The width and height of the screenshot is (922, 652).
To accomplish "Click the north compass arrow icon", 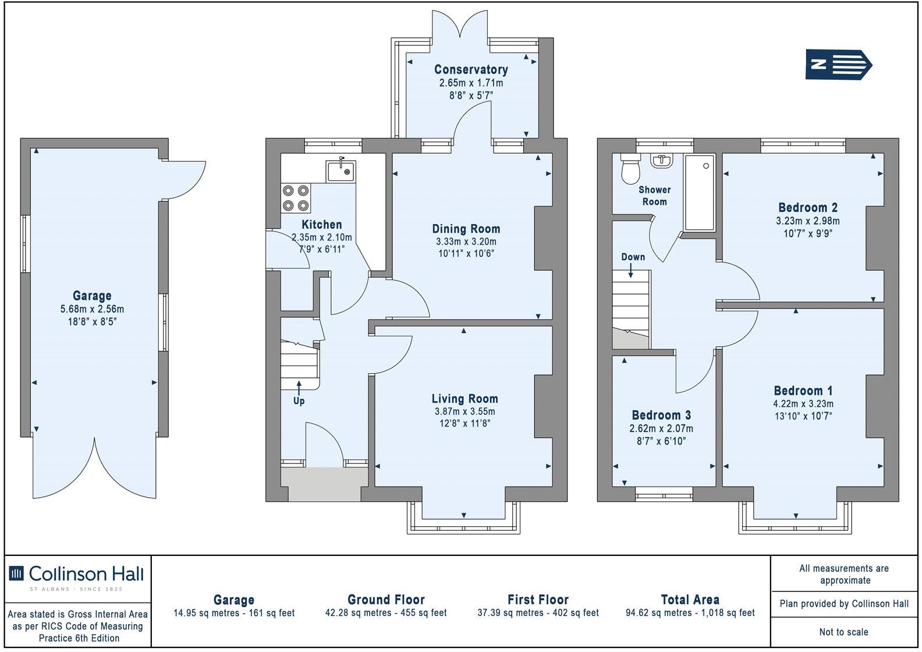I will click(839, 64).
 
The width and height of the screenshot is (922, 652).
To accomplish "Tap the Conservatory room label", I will click(471, 70).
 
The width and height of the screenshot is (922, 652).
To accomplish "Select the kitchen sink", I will click(340, 171).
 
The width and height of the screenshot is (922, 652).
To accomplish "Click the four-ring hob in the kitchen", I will click(295, 197).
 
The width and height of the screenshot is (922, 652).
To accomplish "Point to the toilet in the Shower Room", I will click(630, 168).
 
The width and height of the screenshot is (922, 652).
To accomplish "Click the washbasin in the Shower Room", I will click(661, 160).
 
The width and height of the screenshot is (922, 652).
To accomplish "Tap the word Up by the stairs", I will click(299, 401).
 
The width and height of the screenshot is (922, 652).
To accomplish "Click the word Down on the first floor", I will click(633, 257).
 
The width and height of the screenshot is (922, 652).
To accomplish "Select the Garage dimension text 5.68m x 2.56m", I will click(92, 309).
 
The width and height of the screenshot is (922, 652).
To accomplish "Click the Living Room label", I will click(464, 399).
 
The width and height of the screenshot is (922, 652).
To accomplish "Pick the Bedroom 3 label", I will click(661, 415).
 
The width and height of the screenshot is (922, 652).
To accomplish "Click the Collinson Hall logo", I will click(77, 574).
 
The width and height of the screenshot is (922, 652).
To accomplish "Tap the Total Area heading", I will click(690, 599).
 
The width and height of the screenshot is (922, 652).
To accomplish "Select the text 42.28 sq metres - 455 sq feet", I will click(386, 613).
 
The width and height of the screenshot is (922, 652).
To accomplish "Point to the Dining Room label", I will click(466, 229).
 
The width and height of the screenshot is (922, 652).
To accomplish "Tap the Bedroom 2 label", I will click(807, 207).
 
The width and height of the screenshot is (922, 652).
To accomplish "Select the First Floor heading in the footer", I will click(538, 599).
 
